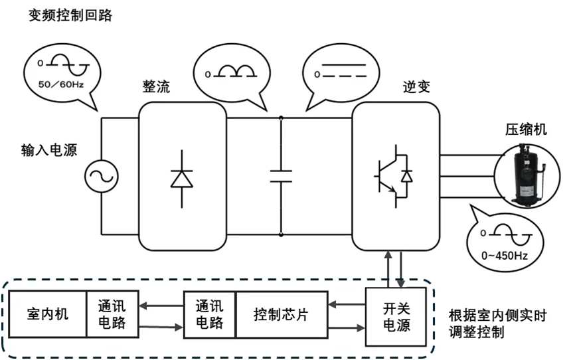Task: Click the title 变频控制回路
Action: pyautogui.click(x=70, y=16)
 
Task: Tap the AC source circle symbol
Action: pyautogui.click(x=102, y=176)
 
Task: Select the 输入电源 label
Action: pyautogui.click(x=48, y=150)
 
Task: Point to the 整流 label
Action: pyautogui.click(x=156, y=88)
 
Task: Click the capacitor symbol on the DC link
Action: pyautogui.click(x=281, y=175)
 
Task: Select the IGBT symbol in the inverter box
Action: pyautogui.click(x=392, y=177)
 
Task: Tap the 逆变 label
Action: pyautogui.click(x=416, y=88)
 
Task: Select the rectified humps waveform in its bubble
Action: pyautogui.click(x=232, y=72)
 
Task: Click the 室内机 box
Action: pyautogui.click(x=47, y=314)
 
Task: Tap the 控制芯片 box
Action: pyautogui.click(x=281, y=314)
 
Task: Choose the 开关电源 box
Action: pyautogui.click(x=396, y=316)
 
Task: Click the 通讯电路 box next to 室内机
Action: pyautogui.click(x=112, y=314)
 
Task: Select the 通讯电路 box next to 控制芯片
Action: pyautogui.click(x=209, y=314)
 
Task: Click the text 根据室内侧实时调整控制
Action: pyautogui.click(x=497, y=323)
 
